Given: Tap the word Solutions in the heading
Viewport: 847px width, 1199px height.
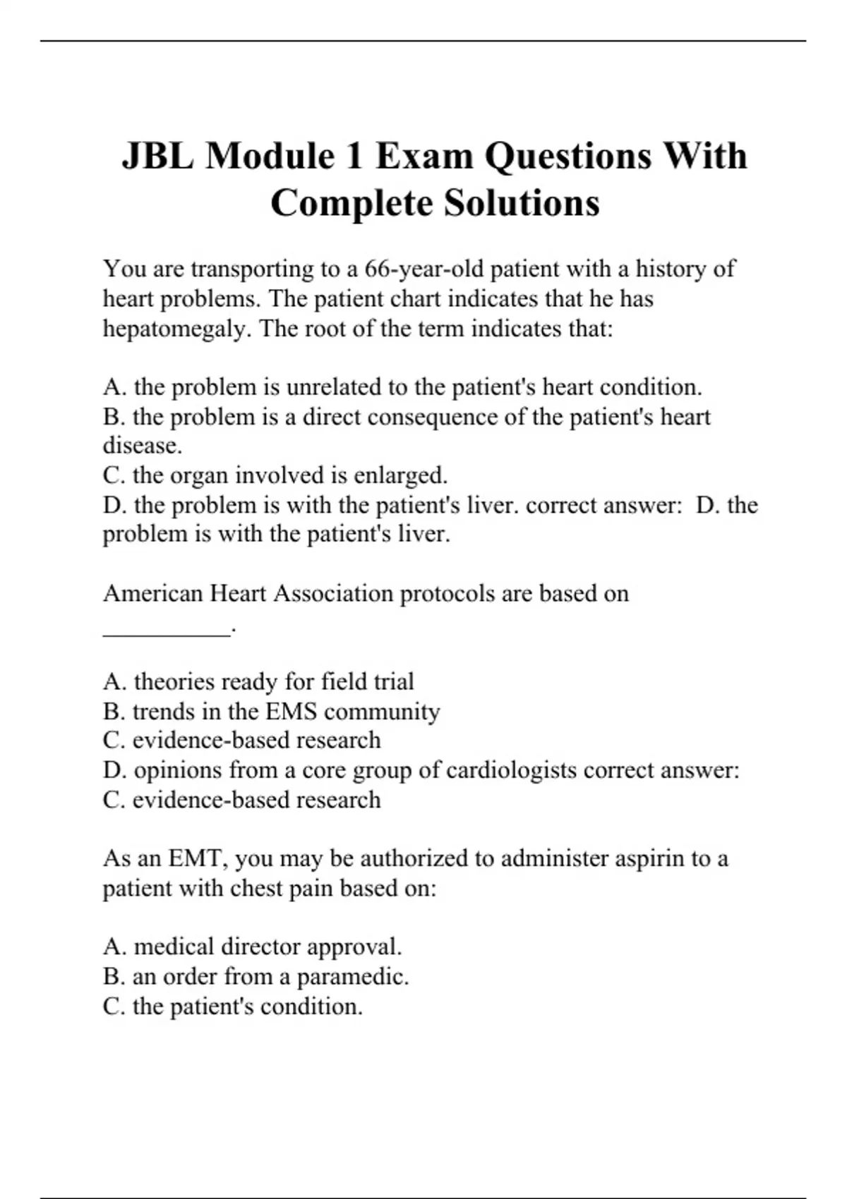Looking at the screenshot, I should [x=522, y=203].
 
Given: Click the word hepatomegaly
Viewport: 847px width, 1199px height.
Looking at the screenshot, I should [x=176, y=329].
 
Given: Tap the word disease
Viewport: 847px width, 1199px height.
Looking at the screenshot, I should [x=143, y=446].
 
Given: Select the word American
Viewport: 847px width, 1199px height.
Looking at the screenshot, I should [x=153, y=594].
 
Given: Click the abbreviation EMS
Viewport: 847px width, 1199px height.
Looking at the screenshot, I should [x=291, y=712].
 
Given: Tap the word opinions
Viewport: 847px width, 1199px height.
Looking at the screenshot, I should [x=177, y=770].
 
